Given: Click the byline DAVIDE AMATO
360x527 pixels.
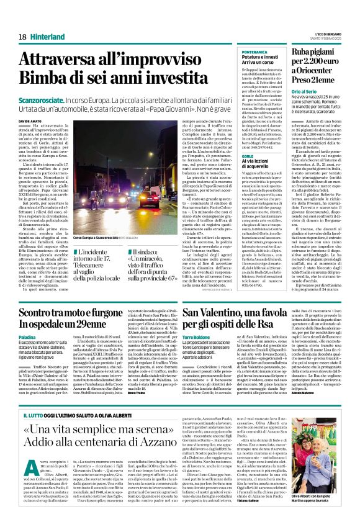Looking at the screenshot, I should tap(29, 120).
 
